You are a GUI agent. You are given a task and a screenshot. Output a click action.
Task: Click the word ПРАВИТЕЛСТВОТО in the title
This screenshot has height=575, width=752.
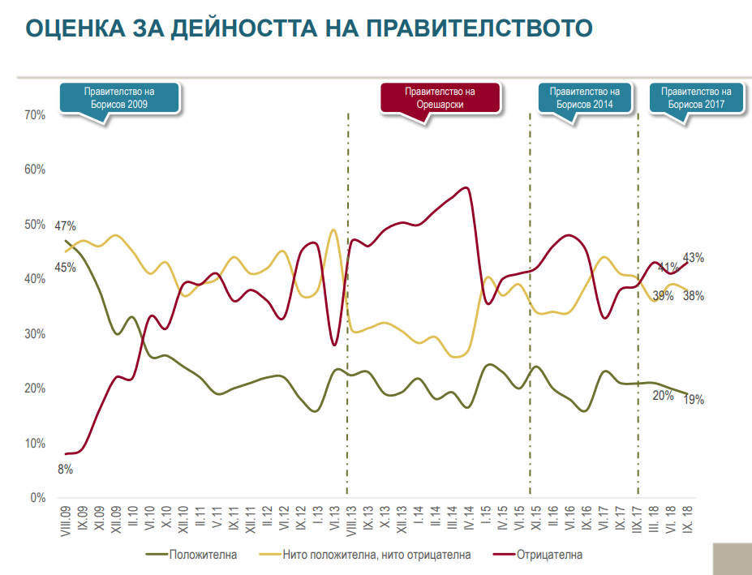point(479,28)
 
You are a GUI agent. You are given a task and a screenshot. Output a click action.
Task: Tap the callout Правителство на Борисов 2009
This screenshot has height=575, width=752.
point(119,98)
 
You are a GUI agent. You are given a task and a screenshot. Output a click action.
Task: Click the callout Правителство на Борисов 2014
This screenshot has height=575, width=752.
point(585,98)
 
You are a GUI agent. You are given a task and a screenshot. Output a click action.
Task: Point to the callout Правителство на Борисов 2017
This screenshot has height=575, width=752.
point(696,98)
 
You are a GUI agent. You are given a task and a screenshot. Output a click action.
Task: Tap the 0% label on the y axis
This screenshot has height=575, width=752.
point(37,498)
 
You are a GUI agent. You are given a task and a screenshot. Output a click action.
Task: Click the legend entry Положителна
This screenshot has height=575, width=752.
point(203,556)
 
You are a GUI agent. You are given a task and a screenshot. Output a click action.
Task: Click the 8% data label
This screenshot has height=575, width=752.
point(65,469)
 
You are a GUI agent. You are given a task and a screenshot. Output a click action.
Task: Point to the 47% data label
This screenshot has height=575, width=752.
point(65,226)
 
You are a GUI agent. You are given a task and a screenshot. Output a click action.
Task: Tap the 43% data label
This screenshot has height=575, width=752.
point(694,258)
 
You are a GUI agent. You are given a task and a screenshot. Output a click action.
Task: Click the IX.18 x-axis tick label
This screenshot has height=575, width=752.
point(688,520)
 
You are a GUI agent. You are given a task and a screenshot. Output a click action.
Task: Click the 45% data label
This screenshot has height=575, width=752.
point(65,268)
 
